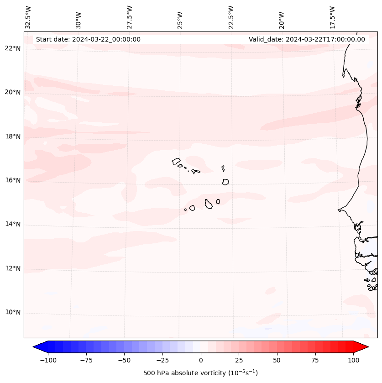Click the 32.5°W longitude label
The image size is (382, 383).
pos(28,17)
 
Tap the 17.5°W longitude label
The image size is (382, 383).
pos(332,17)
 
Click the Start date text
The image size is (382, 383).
pos(88,39)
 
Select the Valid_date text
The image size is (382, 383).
pos(307,39)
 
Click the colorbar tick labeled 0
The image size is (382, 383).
pos(201,360)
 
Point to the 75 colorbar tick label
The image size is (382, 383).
pos(315,360)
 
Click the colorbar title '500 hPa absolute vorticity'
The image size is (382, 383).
pos(200,373)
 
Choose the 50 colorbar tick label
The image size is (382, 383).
pos(277,360)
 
